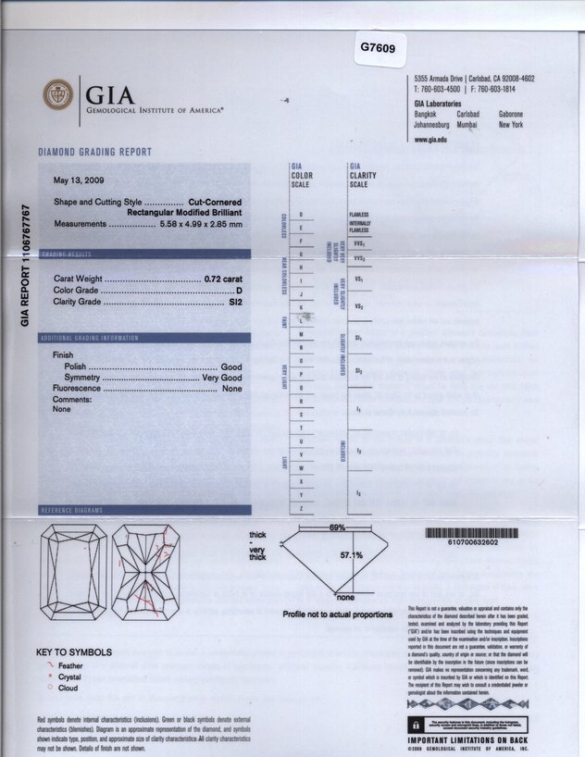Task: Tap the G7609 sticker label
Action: pyautogui.click(x=377, y=46)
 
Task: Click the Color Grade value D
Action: pyautogui.click(x=239, y=291)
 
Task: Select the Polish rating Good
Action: pyautogui.click(x=231, y=367)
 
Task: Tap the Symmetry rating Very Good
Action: pyautogui.click(x=223, y=378)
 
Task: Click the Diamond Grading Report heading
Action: pyautogui.click(x=95, y=152)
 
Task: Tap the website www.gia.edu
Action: pyautogui.click(x=430, y=139)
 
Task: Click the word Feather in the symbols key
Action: pyautogui.click(x=70, y=665)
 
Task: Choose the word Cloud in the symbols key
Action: pyautogui.click(x=68, y=689)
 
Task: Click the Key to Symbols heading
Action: pyautogui.click(x=74, y=652)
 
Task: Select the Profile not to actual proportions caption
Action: pyautogui.click(x=338, y=614)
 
